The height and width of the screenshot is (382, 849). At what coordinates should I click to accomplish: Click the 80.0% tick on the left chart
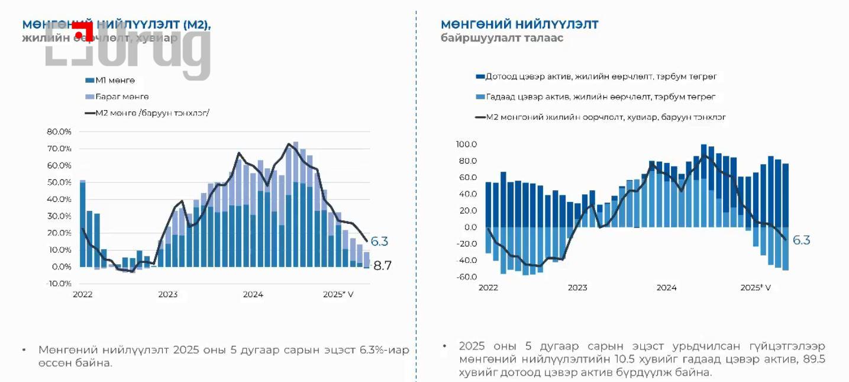(59, 131)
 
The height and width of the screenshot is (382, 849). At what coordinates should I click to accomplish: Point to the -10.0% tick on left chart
(59, 283)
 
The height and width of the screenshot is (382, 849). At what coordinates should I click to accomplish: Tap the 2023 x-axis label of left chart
(167, 294)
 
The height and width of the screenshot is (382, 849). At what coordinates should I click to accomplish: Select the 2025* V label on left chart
(338, 294)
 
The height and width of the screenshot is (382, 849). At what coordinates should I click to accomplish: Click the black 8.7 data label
(382, 266)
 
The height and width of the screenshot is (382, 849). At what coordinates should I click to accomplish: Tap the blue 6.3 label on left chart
(379, 241)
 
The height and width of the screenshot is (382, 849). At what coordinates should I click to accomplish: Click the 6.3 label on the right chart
(801, 240)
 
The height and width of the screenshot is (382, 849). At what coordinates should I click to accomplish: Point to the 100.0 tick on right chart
(466, 145)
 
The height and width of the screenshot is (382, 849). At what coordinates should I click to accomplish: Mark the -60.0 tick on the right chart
(466, 277)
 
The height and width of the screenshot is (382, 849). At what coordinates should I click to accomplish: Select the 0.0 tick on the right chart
(470, 227)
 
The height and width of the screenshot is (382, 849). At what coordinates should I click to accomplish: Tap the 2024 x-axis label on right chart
(666, 288)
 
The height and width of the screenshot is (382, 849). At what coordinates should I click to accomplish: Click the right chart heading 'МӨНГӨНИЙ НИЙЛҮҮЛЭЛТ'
(519, 24)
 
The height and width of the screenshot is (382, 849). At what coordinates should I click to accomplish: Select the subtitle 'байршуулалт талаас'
(502, 38)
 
